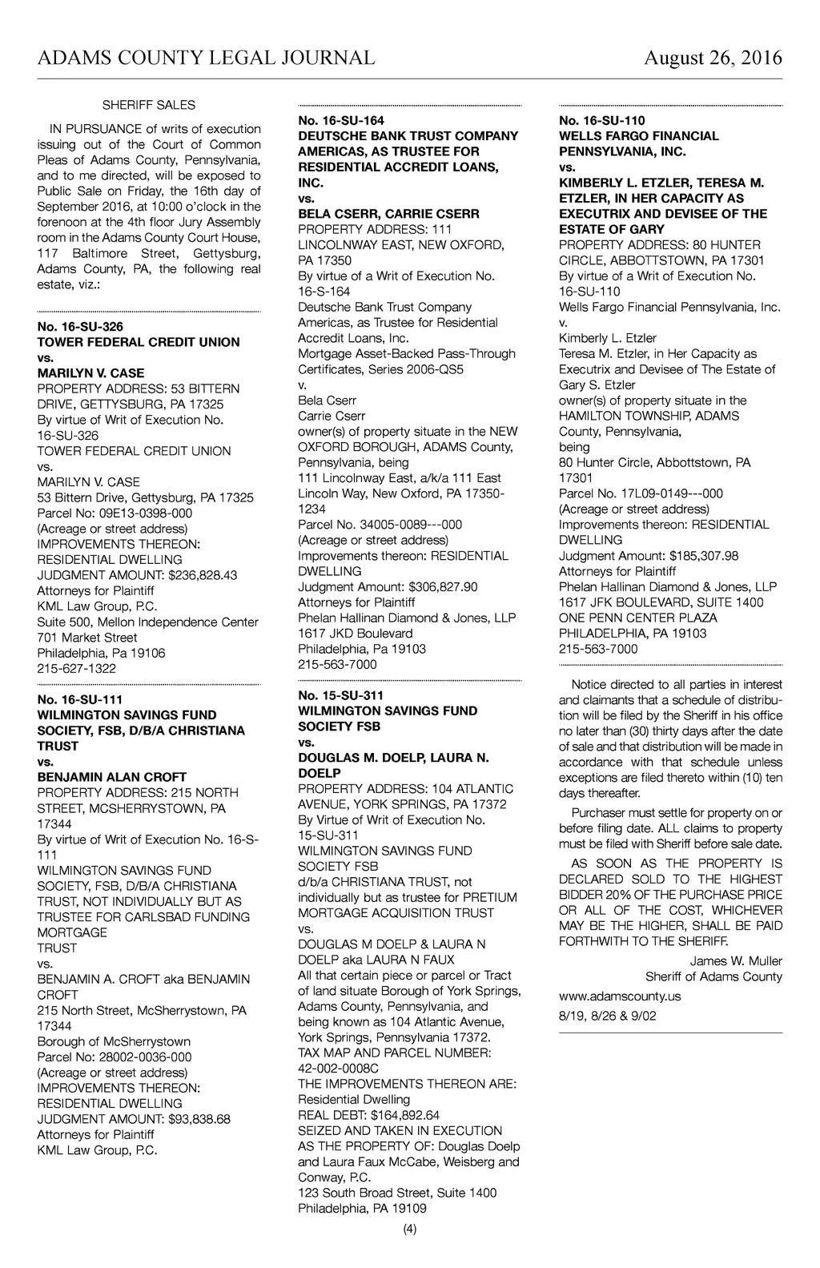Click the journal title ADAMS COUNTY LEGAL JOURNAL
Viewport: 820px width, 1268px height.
tap(206, 58)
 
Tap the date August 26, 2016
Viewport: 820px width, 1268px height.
tap(713, 58)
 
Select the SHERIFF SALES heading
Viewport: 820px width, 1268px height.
tap(148, 105)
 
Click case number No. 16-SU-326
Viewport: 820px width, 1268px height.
tap(80, 327)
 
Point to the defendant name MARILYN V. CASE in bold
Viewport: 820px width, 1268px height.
tap(91, 373)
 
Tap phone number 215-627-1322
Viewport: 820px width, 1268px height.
tap(77, 669)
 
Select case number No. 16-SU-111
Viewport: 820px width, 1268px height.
tap(80, 699)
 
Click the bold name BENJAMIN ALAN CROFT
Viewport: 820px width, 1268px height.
tap(112, 777)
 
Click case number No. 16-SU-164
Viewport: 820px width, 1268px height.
tap(341, 121)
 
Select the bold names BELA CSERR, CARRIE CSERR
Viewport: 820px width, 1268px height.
tap(388, 214)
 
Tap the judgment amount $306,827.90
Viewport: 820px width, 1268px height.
tap(443, 587)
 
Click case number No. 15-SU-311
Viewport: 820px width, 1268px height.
tap(341, 695)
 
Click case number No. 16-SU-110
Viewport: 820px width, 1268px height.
tap(602, 121)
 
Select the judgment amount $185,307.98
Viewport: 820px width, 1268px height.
tap(704, 556)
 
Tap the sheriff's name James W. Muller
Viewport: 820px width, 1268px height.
tap(736, 961)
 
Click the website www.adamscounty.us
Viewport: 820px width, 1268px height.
tap(620, 996)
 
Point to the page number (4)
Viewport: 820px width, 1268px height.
tap(410, 1230)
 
